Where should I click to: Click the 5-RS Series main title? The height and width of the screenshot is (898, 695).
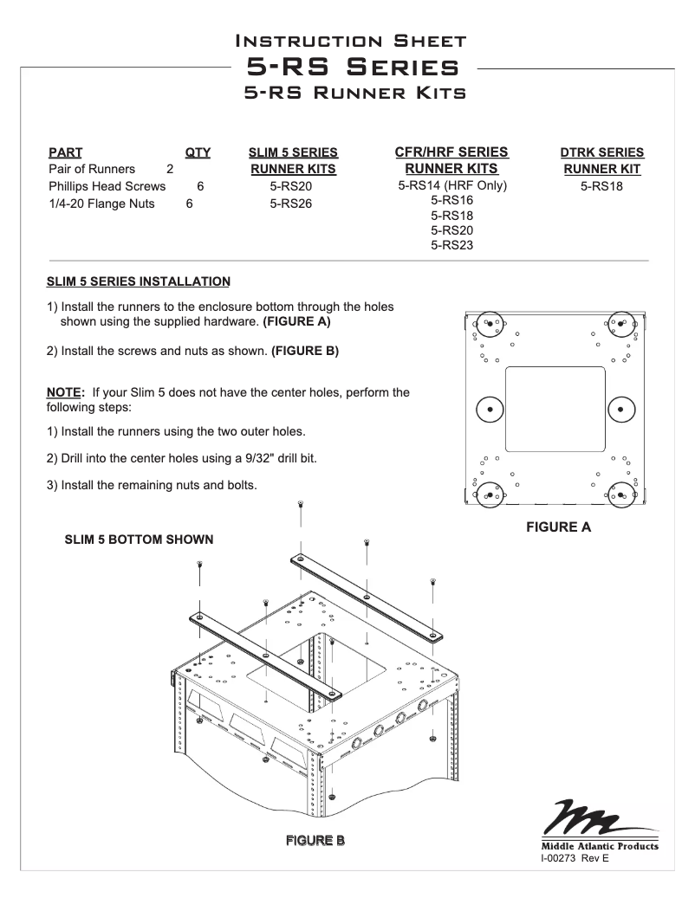pos(352,67)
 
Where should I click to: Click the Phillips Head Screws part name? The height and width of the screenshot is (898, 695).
pos(107,186)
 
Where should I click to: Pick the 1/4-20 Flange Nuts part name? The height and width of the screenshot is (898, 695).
pos(101,204)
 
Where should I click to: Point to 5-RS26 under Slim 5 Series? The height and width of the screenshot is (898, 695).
pos(290,204)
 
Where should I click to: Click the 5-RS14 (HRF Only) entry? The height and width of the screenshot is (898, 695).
pos(451,185)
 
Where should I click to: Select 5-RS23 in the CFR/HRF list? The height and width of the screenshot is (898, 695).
pos(451,245)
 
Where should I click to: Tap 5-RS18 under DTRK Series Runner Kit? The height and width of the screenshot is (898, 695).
pos(602,186)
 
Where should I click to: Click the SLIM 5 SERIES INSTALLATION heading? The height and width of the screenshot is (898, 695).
pos(139,281)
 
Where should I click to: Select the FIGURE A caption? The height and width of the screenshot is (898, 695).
pos(559,527)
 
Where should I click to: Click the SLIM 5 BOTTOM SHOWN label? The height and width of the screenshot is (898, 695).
pos(140,539)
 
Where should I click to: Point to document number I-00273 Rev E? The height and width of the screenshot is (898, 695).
pos(575,859)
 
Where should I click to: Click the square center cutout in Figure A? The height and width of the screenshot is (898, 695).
pos(555,409)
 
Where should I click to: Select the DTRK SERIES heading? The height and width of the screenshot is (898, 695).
pos(602,152)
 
